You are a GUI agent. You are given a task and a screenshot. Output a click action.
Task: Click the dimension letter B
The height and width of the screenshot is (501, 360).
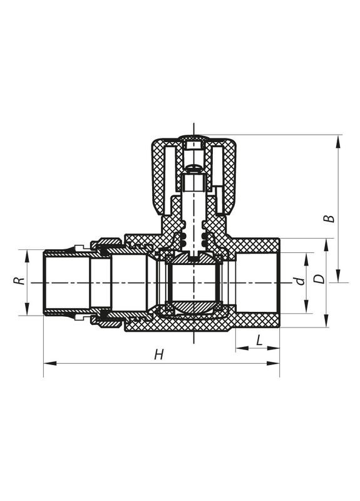point(329,219)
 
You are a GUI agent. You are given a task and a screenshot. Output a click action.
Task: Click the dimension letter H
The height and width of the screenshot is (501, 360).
point(159,354)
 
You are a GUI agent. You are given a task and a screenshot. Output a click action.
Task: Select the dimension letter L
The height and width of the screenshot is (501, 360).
point(259,340)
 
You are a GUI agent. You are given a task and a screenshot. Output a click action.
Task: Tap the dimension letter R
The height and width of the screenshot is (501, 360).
point(19,281)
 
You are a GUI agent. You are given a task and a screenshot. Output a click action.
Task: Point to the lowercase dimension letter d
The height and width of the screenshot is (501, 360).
point(299,281)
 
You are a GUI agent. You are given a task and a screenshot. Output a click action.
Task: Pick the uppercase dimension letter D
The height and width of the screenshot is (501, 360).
point(319,279)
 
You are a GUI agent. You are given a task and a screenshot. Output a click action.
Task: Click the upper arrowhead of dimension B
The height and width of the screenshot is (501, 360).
point(338,142)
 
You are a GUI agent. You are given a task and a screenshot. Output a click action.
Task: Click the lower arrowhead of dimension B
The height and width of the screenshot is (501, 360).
point(338,276)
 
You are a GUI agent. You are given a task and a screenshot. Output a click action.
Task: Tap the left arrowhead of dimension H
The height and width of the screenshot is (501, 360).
point(50,363)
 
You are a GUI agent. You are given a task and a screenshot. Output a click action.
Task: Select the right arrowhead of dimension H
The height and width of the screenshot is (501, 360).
point(273,363)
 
